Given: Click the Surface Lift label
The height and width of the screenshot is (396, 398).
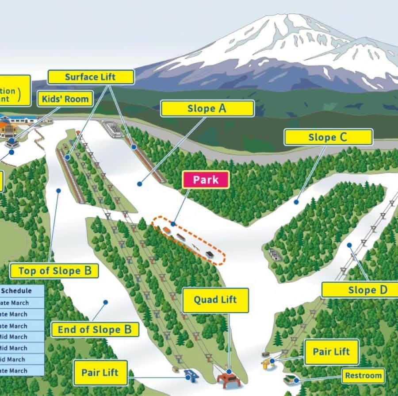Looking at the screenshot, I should coord(91,77).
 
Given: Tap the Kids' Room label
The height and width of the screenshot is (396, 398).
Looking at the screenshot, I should coord(65,99).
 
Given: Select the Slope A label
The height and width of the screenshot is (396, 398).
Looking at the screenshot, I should coord(207,108).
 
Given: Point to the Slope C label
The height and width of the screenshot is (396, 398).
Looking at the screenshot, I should coord(328,137).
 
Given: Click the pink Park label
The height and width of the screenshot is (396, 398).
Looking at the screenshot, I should coord(206,180).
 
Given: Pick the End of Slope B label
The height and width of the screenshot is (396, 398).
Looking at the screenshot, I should coord(95,329).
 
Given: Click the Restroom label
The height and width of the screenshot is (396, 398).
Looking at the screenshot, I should coord(363,376).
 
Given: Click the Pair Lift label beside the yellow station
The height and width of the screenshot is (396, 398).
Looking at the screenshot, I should coord(331,352).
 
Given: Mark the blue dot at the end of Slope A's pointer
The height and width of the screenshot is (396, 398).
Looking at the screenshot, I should coord(139,183).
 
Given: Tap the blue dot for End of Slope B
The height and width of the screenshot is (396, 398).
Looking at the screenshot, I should coord(106,303).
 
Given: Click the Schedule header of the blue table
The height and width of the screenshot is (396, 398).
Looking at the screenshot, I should coord(18,291).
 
